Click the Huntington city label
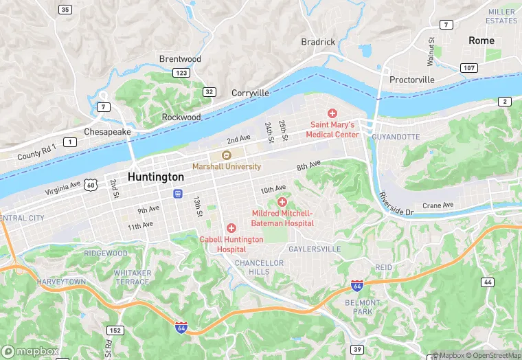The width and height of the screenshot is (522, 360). click(x=156, y=177)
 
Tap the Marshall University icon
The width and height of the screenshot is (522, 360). click(x=226, y=155)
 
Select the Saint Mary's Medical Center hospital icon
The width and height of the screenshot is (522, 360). click(x=332, y=113)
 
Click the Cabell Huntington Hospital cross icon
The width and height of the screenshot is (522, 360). click(x=231, y=228)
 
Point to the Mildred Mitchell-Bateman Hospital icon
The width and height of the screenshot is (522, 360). click(x=282, y=201)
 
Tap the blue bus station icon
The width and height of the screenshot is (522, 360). click(x=178, y=194)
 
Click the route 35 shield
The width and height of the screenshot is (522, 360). click(x=65, y=10)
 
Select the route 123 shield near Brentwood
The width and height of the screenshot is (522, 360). click(x=181, y=72)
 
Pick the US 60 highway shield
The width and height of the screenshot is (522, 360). click(x=91, y=184)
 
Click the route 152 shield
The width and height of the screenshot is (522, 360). click(x=115, y=330)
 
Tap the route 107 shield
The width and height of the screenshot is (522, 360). click(x=469, y=67)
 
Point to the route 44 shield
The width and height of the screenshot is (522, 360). click(x=488, y=282)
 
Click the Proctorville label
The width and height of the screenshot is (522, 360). click(x=412, y=80)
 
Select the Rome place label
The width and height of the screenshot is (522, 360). click(x=481, y=41)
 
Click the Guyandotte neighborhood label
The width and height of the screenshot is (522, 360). click(x=395, y=137)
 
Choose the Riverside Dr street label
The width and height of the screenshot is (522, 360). click(x=396, y=204)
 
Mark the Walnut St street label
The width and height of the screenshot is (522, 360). click(x=431, y=52)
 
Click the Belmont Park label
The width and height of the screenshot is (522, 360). click(x=362, y=307)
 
